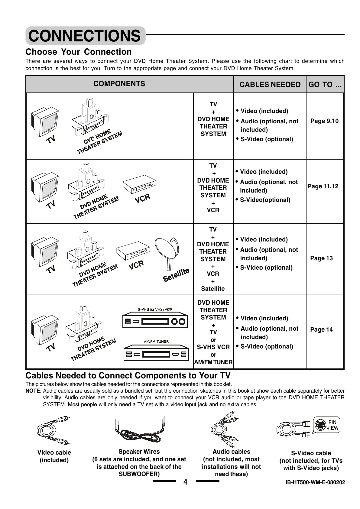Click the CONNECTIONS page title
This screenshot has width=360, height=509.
click(85, 36)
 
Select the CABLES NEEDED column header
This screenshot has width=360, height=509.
click(270, 85)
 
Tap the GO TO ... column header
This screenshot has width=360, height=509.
click(325, 85)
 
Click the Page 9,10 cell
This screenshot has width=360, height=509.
click(324, 121)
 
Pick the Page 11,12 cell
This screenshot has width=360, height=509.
click(323, 186)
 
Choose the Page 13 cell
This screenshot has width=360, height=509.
click(321, 258)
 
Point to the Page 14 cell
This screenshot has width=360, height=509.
click(321, 330)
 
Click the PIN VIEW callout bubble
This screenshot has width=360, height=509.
click(327, 425)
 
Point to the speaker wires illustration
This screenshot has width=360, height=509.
click(140, 431)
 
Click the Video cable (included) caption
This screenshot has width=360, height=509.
click(54, 456)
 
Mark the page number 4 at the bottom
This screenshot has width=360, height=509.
click(185, 482)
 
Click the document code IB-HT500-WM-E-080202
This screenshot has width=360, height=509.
click(315, 482)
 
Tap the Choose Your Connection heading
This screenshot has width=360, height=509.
click(79, 52)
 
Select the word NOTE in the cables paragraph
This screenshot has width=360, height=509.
click(33, 391)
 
